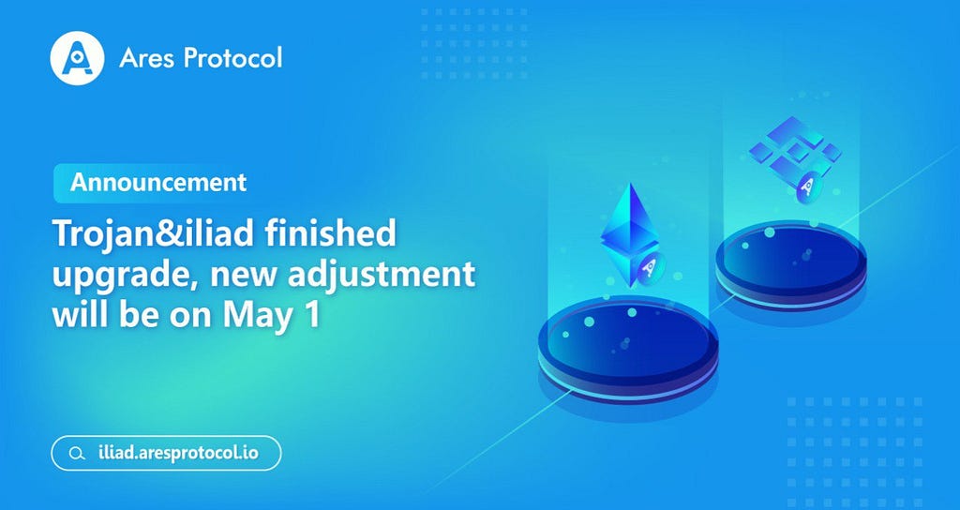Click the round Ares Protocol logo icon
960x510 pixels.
tap(77, 58)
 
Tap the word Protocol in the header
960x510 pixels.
tap(232, 57)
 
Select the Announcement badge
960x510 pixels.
tap(158, 183)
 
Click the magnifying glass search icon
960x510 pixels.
tap(77, 454)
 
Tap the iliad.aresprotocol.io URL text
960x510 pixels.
tap(178, 453)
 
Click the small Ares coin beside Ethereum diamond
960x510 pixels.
tap(649, 269)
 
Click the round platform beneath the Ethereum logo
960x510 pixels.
tap(628, 350)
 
